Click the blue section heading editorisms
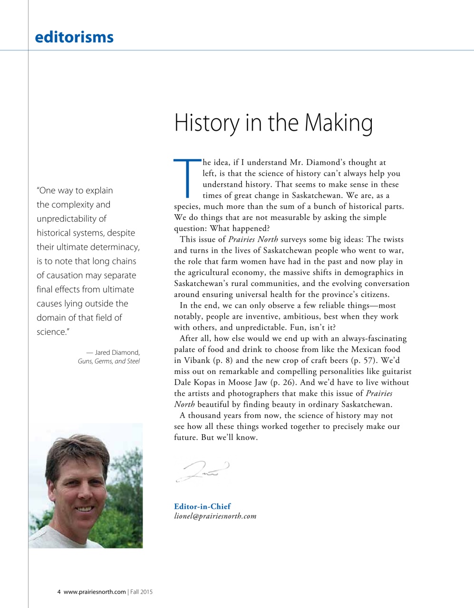point(74,37)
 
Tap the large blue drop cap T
point(188,179)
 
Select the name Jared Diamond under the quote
point(117,352)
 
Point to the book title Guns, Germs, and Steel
point(108,361)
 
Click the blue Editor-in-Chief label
point(203,506)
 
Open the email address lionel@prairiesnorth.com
point(215,516)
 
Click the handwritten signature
point(203,471)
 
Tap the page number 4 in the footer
point(59,592)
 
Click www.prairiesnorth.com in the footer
point(95,592)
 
